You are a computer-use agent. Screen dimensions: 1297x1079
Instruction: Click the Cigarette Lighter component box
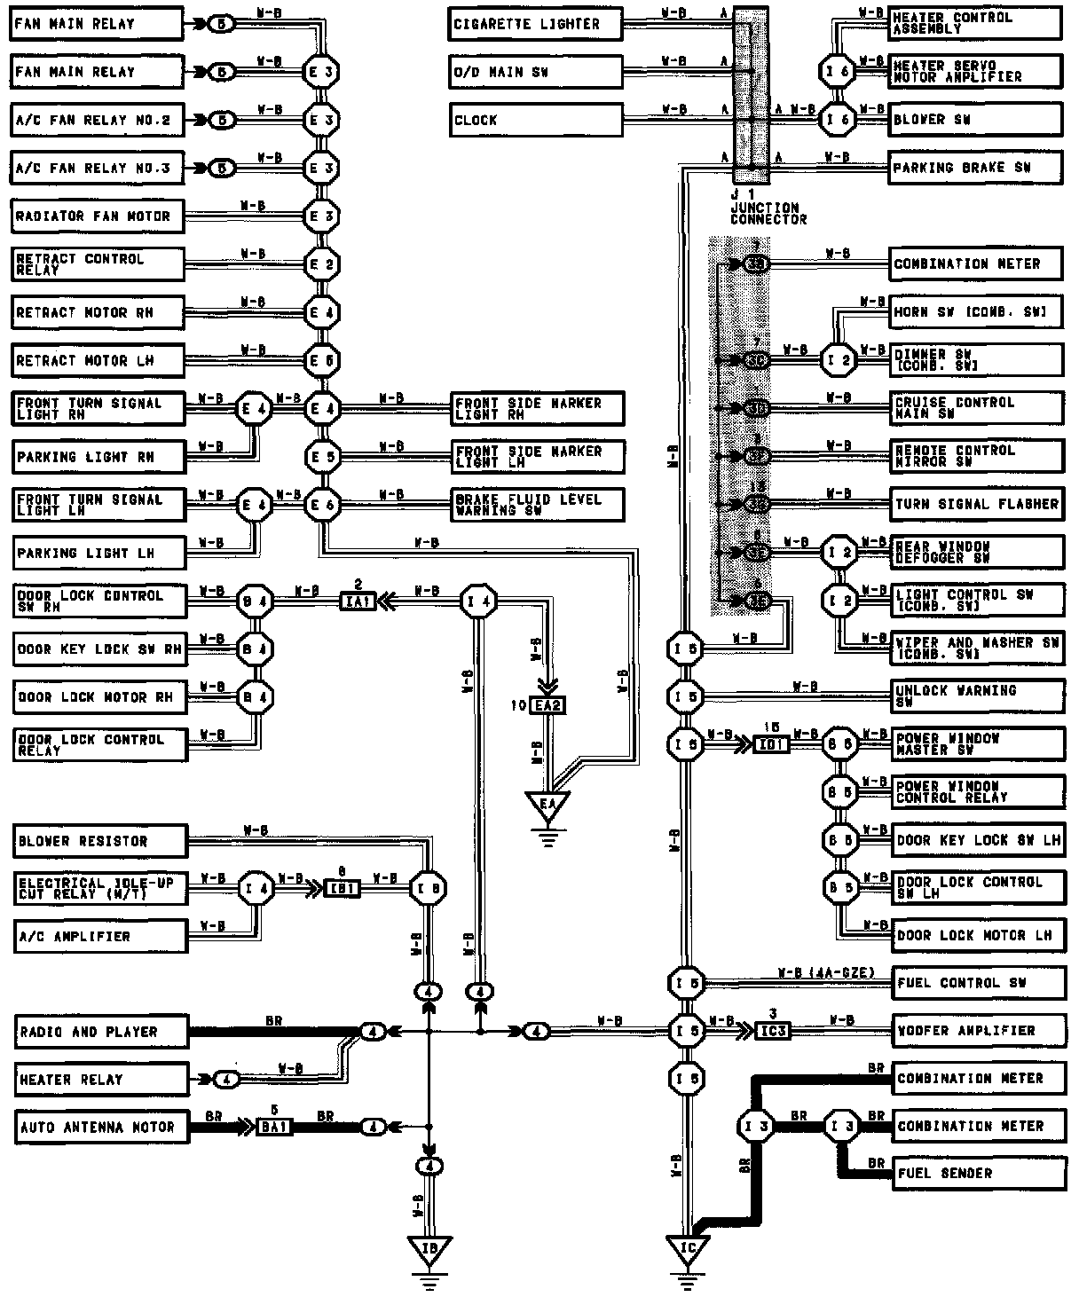click(x=535, y=25)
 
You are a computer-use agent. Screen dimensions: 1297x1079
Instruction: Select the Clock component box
click(x=535, y=121)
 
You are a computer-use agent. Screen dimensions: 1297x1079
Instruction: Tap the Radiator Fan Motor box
click(x=98, y=216)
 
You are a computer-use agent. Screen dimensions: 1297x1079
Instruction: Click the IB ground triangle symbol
click(x=429, y=1249)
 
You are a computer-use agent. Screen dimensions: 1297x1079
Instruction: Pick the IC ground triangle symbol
click(x=688, y=1249)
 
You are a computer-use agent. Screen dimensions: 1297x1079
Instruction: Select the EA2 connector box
click(x=547, y=707)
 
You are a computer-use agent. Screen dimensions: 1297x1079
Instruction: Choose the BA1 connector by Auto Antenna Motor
click(x=274, y=1128)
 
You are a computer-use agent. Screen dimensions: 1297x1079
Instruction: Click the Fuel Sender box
click(x=977, y=1174)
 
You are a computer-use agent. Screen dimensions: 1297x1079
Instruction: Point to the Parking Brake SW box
click(x=975, y=168)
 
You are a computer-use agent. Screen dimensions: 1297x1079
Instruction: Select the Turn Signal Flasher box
click(x=976, y=505)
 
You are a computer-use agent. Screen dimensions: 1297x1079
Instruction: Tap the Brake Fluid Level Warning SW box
click(x=538, y=505)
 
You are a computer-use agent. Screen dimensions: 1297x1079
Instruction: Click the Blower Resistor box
click(x=100, y=841)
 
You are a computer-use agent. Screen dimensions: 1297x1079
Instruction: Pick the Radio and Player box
click(x=100, y=1033)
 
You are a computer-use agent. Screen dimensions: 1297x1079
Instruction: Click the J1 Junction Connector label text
click(x=768, y=208)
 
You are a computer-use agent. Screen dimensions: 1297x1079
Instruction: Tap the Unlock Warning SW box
click(x=976, y=696)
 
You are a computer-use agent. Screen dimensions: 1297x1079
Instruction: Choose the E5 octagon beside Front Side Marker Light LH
click(x=320, y=458)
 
